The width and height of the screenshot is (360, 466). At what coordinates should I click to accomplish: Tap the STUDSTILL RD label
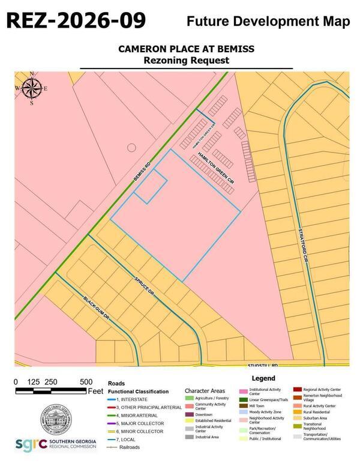(265, 365)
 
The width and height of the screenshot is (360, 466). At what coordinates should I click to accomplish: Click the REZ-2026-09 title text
(76, 20)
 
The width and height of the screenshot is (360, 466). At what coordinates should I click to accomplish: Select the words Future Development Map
(268, 22)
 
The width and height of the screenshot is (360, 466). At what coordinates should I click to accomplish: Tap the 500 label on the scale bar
(86, 381)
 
